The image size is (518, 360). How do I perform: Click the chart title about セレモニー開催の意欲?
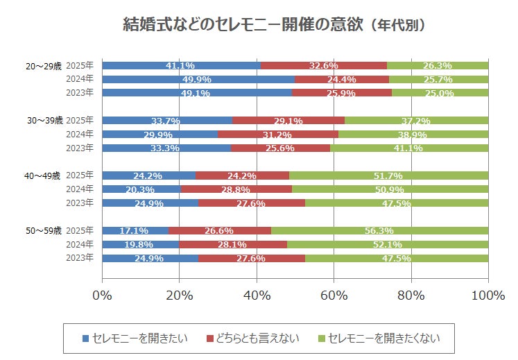click(273, 25)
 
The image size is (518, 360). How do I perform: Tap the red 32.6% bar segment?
click(323, 65)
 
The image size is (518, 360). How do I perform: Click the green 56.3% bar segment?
click(379, 230)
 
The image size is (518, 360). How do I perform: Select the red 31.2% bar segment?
click(278, 135)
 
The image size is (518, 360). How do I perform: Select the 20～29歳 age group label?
click(43, 65)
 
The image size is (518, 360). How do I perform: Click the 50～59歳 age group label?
click(44, 230)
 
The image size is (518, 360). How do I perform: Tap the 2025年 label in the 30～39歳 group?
click(80, 121)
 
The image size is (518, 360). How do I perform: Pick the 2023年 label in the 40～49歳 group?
click(80, 203)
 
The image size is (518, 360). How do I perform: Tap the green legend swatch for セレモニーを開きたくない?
click(321, 338)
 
